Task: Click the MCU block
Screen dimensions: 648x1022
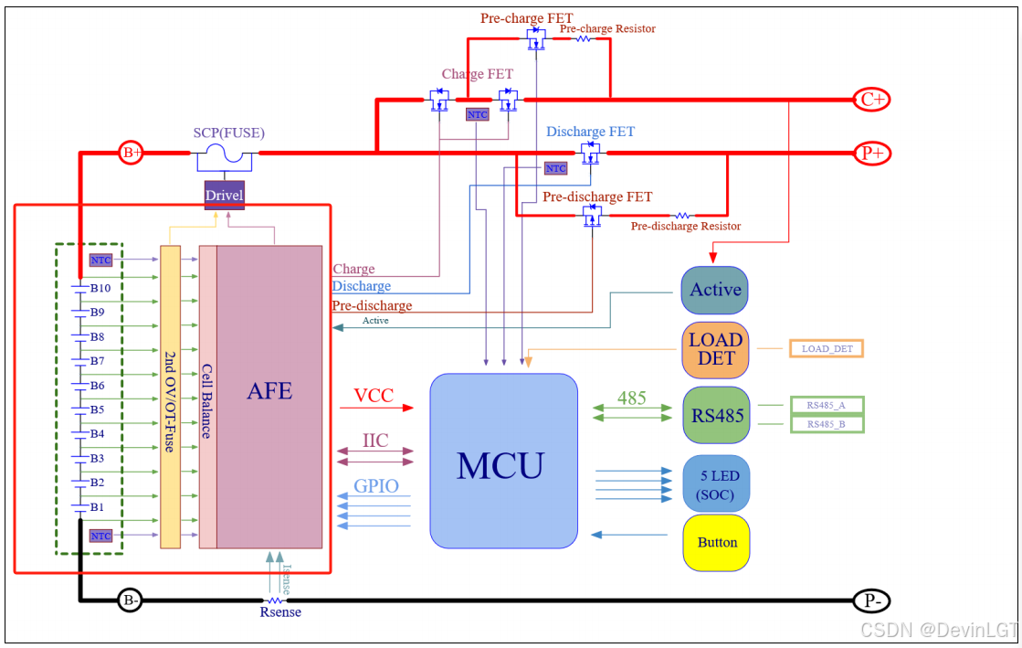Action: coord(503,461)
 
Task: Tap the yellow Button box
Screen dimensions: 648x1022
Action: coord(716,542)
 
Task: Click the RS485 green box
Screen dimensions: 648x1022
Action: coord(716,416)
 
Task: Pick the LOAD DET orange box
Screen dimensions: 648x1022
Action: coord(715,349)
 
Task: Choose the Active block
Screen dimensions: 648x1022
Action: coord(715,290)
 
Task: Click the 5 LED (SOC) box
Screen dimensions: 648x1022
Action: coord(716,484)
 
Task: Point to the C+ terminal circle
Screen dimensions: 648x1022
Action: coord(871,99)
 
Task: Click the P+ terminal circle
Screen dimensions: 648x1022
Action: coord(871,153)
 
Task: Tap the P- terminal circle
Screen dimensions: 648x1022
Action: coord(871,600)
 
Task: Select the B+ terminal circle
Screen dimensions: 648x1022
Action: coord(132,153)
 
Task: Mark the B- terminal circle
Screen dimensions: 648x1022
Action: coord(131,600)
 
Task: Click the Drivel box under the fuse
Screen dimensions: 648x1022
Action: coord(224,195)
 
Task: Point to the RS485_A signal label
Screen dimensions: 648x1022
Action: coord(827,405)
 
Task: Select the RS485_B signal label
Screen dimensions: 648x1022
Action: coord(827,424)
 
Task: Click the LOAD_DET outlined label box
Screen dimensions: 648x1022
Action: coord(827,348)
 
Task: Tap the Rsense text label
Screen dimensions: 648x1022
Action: coord(280,612)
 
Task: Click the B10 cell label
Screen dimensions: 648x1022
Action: coord(100,288)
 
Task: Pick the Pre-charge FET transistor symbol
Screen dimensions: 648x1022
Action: coord(535,38)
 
